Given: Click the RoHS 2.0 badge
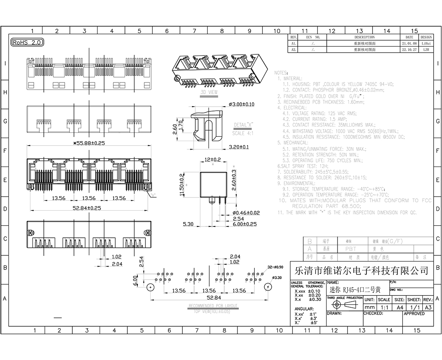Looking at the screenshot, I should pos(27,42).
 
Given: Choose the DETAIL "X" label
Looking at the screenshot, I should pos(243,125).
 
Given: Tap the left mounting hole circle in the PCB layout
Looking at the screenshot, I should pos(150,287).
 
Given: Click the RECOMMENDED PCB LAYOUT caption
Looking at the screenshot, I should pos(213,306).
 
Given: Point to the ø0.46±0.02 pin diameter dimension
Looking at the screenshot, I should pos(246,213).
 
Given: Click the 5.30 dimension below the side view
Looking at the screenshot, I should pos(188,224).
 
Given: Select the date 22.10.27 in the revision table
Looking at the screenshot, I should pos(409,49).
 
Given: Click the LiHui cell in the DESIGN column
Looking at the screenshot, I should pos(426,43).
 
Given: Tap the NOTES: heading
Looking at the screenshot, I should pos(281,73).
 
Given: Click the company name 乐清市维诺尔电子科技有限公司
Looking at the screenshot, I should pos(361,270).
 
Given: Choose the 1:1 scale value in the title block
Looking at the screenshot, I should pos(384,307).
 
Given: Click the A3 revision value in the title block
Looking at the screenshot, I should pos(428,307).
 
